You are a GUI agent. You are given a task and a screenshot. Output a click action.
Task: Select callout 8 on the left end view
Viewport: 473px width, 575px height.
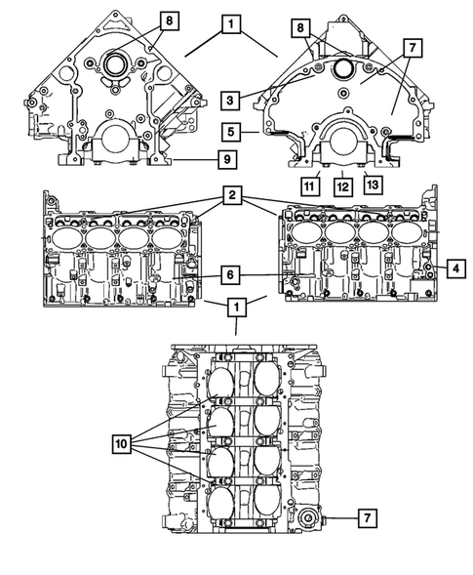170,20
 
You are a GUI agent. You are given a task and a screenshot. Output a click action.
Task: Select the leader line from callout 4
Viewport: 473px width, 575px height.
434,265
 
